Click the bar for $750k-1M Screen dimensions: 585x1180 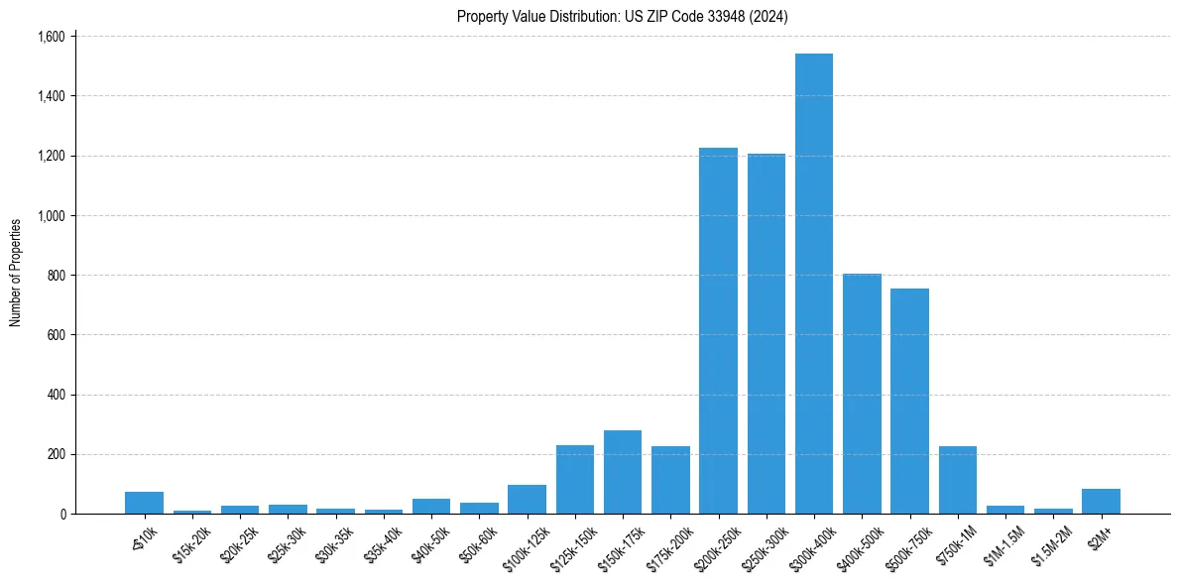(x=958, y=480)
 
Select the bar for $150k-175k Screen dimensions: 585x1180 (x=623, y=472)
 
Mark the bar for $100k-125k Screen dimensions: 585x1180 (x=527, y=500)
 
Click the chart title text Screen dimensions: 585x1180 (x=623, y=17)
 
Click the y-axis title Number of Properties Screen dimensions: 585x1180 (x=16, y=273)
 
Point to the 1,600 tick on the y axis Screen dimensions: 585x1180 (x=51, y=37)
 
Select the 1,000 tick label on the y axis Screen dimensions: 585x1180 (x=51, y=216)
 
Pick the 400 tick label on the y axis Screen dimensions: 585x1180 (x=57, y=395)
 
